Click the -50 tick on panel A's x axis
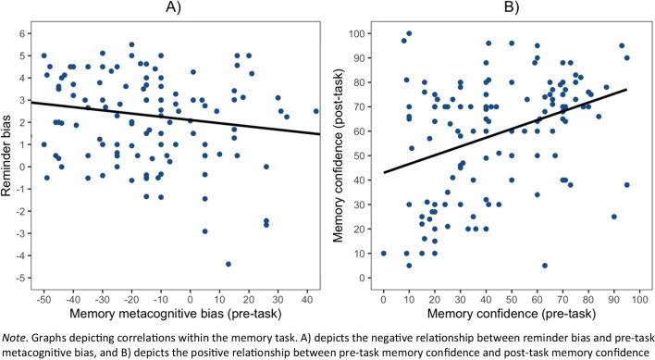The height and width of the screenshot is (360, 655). point(43,301)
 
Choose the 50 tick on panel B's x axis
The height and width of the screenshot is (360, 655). point(511,301)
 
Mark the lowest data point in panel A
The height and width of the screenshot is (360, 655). point(228,264)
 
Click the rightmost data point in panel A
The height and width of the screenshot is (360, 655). point(315,111)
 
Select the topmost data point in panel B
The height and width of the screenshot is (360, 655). point(409,34)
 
